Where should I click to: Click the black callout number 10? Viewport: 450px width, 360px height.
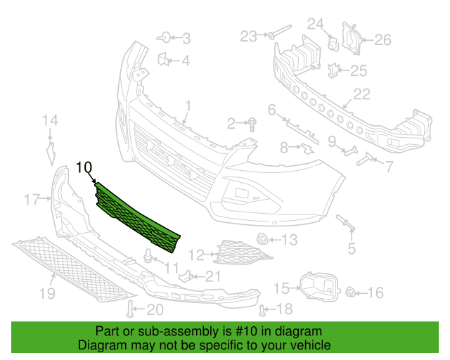click(x=84, y=167)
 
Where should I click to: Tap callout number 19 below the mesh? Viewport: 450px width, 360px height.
click(x=47, y=293)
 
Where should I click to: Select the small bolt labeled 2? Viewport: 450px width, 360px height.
click(x=252, y=124)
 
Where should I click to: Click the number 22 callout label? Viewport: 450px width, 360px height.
click(x=362, y=94)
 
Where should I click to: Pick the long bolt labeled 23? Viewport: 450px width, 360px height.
click(x=280, y=31)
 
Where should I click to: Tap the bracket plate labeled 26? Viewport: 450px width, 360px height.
click(x=352, y=38)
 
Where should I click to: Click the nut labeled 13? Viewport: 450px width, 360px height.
click(x=262, y=239)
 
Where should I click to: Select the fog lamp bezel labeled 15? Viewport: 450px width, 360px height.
click(x=319, y=286)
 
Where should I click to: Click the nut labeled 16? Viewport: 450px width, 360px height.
click(x=350, y=292)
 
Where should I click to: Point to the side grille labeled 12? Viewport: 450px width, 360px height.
click(x=242, y=253)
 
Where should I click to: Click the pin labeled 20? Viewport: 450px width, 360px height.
click(x=130, y=309)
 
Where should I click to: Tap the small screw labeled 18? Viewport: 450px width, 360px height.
click(x=262, y=311)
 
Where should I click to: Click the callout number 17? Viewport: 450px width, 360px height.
click(x=32, y=199)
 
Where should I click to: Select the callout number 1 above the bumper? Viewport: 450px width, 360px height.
click(x=188, y=105)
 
